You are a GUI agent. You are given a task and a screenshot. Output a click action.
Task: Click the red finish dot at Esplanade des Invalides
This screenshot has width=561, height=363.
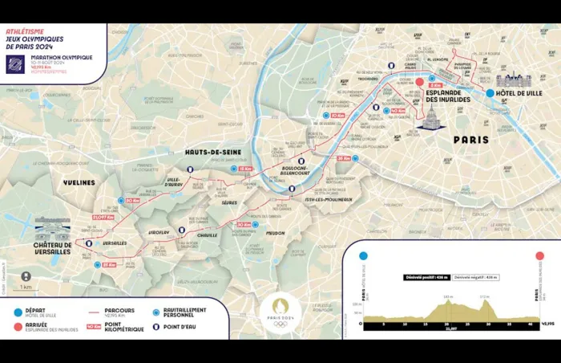point(418,82)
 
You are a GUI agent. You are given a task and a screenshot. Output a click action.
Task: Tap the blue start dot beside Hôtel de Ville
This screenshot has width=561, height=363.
point(490,93)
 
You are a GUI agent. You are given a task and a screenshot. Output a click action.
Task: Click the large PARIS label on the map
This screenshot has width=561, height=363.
point(471,139)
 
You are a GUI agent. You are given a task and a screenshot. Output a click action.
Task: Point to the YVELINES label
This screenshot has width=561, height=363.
point(79,182)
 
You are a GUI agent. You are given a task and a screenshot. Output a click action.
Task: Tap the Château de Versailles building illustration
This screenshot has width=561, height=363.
point(52,226)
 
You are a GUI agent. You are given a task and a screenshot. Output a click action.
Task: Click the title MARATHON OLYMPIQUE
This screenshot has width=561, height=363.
point(62,58)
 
